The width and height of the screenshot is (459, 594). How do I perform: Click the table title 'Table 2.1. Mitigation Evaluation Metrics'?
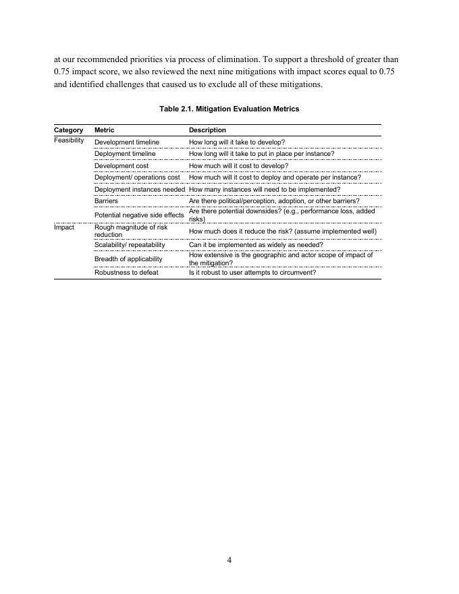(x=230, y=109)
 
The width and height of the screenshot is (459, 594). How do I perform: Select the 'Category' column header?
(x=68, y=130)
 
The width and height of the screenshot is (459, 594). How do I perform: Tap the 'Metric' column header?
(x=104, y=130)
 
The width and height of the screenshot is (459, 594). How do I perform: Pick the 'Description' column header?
(x=207, y=130)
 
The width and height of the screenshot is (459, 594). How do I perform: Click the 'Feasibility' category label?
(x=69, y=140)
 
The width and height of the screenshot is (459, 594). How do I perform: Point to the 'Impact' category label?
(x=64, y=228)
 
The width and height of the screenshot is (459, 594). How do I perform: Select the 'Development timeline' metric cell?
(x=127, y=142)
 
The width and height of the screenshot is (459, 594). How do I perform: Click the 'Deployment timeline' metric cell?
(x=125, y=154)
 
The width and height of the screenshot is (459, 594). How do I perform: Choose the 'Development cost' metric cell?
(x=121, y=165)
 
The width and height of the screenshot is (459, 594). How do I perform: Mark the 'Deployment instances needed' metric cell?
(x=140, y=190)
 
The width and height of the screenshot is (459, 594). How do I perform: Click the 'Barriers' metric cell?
(x=106, y=201)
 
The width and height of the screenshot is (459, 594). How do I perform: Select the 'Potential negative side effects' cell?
(x=139, y=215)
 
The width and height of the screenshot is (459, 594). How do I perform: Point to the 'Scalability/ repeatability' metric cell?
(x=130, y=245)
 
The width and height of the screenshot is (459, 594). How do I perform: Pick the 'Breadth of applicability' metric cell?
(x=128, y=259)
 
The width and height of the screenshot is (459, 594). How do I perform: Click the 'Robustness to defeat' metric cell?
(x=126, y=273)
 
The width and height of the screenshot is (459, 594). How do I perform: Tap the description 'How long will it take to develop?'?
(x=237, y=142)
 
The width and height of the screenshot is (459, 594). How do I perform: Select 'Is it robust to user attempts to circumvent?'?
(x=252, y=273)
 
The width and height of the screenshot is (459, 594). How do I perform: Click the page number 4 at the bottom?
(x=230, y=559)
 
